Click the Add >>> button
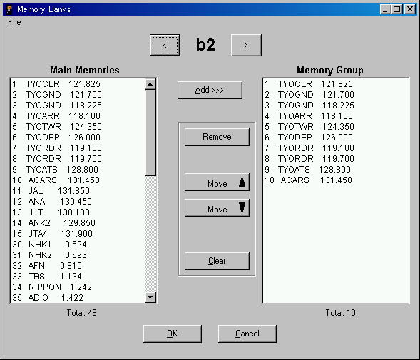pos(210,90)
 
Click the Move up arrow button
pos(217,182)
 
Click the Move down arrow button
pos(217,208)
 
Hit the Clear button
pos(217,261)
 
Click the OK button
pos(173,334)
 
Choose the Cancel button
pos(247,334)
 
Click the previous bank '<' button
pos(165,46)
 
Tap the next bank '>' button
pos(246,46)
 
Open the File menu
pos(14,22)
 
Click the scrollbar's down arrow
pos(150,297)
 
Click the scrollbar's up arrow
pos(150,84)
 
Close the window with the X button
pos(410,9)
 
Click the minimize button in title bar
pos(385,9)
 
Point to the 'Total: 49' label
pos(82,313)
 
